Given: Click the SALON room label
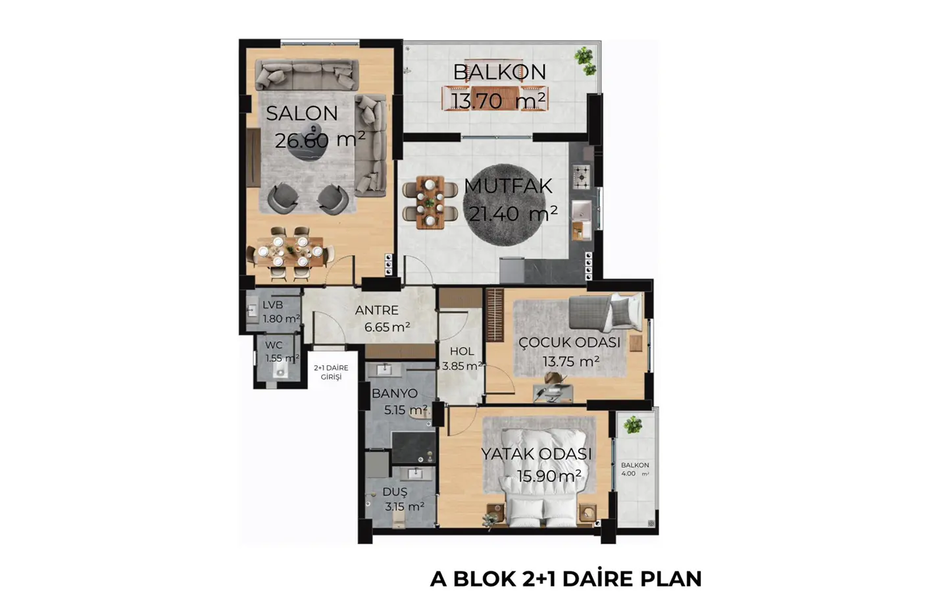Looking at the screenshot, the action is [x=302, y=113].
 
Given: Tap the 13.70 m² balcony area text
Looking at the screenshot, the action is [x=498, y=101].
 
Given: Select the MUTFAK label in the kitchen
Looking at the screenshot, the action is [x=508, y=186].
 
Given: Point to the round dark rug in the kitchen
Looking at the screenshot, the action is [x=504, y=205].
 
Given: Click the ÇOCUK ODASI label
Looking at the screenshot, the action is [x=570, y=342].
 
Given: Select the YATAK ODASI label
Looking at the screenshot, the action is [x=536, y=454].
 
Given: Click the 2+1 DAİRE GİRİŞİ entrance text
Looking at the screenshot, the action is [x=331, y=373].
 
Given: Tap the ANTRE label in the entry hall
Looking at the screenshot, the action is [x=376, y=310].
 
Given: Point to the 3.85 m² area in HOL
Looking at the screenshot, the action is [x=462, y=366].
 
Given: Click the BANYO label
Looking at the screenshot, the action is [x=394, y=394].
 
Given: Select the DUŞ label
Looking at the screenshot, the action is [x=395, y=492].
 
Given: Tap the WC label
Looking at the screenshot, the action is [x=274, y=345].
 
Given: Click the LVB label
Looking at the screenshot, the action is [x=272, y=305].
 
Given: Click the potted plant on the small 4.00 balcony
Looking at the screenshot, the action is [x=633, y=425].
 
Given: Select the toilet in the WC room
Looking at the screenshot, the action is [x=280, y=371].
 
